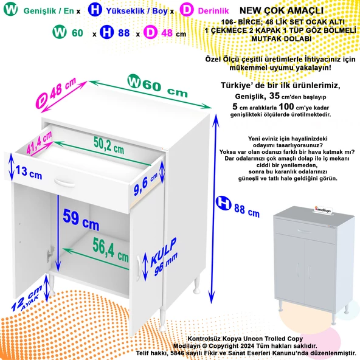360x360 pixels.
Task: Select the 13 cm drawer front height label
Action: point(28,174)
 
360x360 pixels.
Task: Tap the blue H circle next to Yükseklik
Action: point(95,10)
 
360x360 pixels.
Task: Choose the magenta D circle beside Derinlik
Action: point(187,10)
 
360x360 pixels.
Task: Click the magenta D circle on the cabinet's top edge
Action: point(42,97)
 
